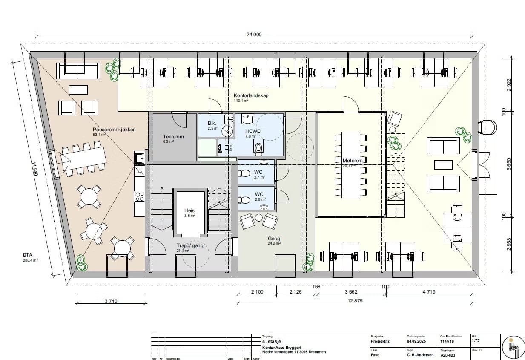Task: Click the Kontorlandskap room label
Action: (x=251, y=95)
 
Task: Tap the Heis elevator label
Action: (x=189, y=210)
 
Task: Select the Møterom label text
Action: (x=353, y=161)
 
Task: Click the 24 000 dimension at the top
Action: (x=255, y=35)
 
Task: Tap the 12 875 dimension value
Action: (x=354, y=301)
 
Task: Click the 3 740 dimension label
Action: (x=111, y=301)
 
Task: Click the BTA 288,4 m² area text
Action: (x=31, y=257)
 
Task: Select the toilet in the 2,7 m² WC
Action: (x=244, y=173)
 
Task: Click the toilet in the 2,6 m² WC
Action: (x=244, y=200)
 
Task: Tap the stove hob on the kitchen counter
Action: (x=139, y=196)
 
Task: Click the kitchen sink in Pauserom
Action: (x=139, y=158)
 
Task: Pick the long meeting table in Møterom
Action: (x=350, y=165)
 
